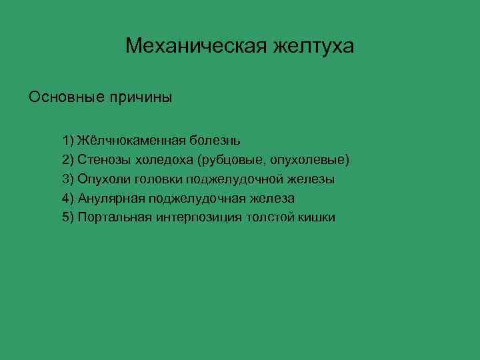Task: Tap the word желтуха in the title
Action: (312, 46)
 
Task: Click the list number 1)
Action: (68, 141)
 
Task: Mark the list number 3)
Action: (68, 179)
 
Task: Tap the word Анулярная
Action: (111, 199)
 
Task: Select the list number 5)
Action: (68, 217)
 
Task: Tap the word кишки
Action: (317, 217)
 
